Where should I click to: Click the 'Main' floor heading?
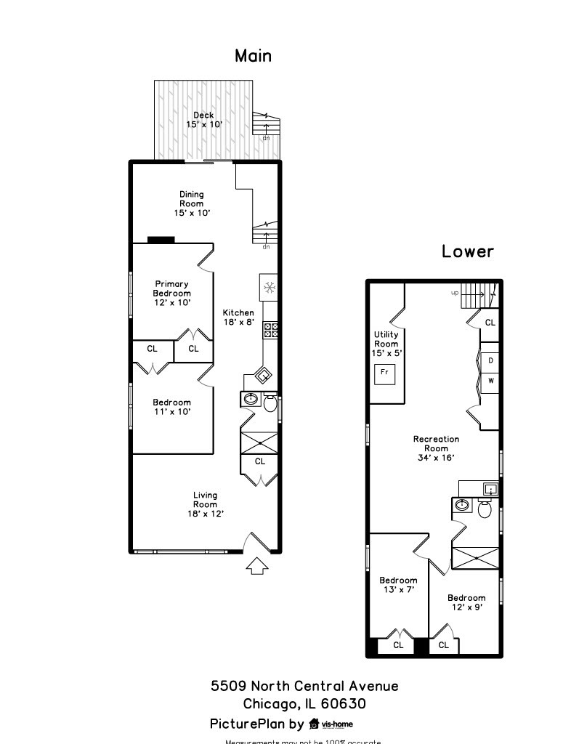tap(253, 56)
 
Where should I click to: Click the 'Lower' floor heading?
tap(468, 251)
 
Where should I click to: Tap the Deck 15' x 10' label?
tap(203, 120)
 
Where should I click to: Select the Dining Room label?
tap(192, 203)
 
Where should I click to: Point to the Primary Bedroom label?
tap(171, 293)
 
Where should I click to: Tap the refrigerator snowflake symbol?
tap(269, 288)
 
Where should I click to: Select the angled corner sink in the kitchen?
tap(262, 376)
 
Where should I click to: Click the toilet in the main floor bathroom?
tap(270, 403)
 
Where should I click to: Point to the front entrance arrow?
tap(256, 565)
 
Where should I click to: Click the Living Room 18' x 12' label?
tap(205, 504)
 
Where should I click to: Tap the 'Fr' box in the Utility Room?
tap(385, 373)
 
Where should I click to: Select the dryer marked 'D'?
tap(491, 360)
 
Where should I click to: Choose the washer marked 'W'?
tap(491, 380)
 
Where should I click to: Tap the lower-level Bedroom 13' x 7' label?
tap(398, 585)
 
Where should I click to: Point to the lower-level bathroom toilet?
tap(485, 509)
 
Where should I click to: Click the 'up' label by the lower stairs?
tap(455, 293)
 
